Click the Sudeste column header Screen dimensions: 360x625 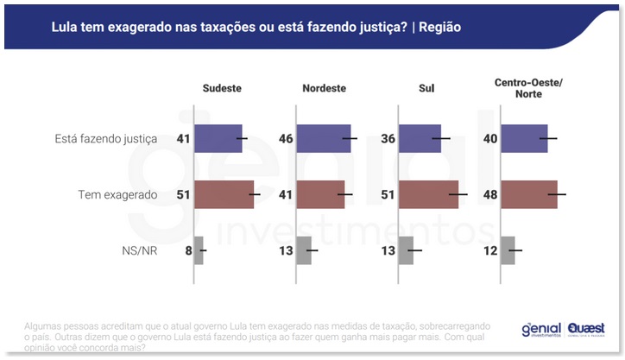point(221,88)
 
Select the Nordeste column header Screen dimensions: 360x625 point(325,88)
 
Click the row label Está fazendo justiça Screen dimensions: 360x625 point(105,138)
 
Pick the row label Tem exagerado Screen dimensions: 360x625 point(117,194)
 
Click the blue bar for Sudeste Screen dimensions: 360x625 point(218,138)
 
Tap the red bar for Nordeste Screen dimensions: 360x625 point(320,194)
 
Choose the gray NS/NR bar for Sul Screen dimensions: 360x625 point(406,250)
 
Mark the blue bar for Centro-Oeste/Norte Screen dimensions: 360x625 point(524,138)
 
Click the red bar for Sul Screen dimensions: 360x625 point(428,194)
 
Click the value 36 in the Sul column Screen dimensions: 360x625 point(387,138)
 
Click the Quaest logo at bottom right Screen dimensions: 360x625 point(586,330)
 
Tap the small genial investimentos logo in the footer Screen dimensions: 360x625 point(540,330)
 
